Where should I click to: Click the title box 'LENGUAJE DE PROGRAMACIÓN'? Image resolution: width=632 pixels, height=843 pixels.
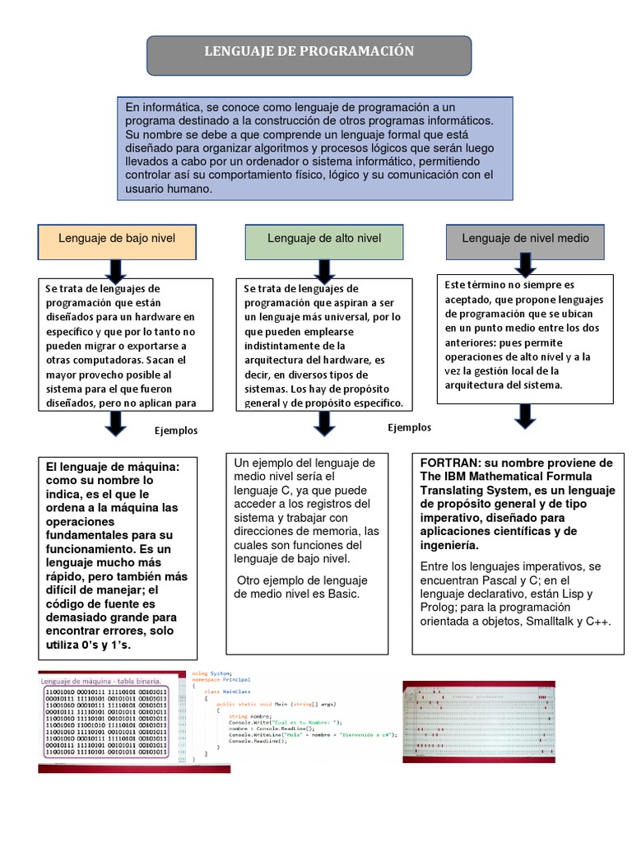point(309,53)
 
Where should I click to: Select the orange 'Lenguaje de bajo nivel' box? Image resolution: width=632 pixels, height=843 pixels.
point(117,239)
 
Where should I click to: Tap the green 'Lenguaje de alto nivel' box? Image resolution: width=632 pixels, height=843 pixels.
point(324,239)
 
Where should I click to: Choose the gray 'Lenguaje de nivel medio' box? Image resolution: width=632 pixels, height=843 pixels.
point(525,239)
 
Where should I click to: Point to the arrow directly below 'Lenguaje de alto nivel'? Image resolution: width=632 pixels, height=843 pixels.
point(324,269)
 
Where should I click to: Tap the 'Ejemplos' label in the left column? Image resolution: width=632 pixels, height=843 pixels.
point(176,431)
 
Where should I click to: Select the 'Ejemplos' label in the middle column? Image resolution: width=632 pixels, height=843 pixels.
point(409,428)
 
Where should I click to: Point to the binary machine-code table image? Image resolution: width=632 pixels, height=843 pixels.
point(104,720)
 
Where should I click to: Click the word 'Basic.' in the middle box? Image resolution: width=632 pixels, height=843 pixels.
point(343,594)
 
